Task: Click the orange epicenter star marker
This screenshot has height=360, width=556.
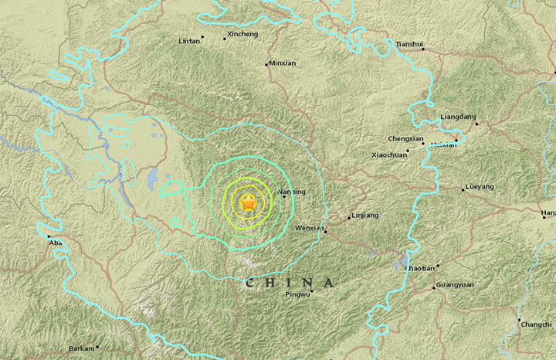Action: point(248,204)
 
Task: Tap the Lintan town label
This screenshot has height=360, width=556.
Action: point(188,40)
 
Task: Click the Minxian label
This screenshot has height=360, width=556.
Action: point(282,63)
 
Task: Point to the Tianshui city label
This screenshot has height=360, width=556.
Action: point(409,45)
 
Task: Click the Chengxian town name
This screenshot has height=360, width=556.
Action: point(405,139)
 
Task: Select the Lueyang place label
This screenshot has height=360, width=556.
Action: point(480,188)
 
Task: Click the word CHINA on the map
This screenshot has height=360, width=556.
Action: point(290,284)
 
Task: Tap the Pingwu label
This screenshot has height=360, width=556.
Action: point(297,294)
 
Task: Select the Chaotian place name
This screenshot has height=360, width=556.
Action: point(420,267)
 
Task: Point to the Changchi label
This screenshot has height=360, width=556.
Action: point(536,324)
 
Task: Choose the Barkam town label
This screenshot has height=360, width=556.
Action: point(82,348)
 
